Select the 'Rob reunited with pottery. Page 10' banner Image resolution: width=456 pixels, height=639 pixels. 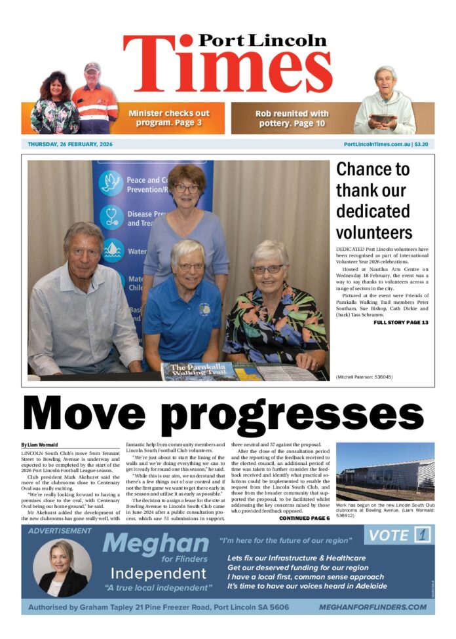292,118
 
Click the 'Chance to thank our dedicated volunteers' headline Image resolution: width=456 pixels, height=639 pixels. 374,200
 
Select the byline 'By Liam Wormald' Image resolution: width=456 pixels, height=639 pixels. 39,445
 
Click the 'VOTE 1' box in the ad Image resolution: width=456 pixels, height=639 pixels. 399,536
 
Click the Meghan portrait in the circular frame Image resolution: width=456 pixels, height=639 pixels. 62,567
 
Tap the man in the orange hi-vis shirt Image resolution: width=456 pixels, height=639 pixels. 94,98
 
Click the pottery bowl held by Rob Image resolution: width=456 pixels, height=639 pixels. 383,119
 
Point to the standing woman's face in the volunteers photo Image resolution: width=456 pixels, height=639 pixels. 187,187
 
